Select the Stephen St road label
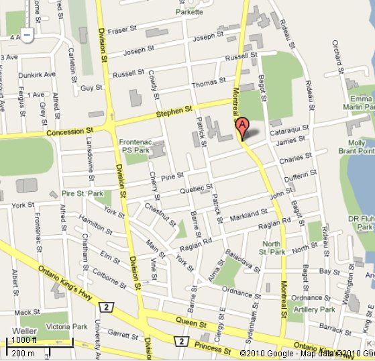[174, 113]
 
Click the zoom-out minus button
[26, 34]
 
